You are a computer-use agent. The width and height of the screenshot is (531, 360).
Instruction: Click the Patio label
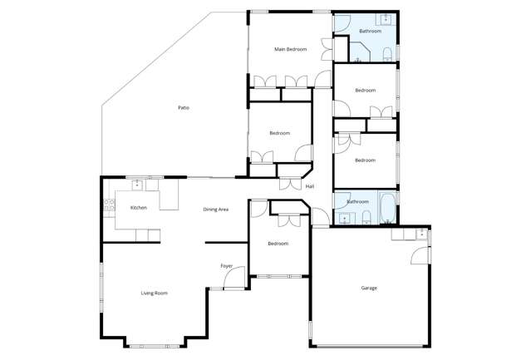(x=183, y=108)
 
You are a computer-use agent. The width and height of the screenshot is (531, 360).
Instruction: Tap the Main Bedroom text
(x=291, y=50)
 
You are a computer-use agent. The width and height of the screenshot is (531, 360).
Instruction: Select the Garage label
(x=369, y=288)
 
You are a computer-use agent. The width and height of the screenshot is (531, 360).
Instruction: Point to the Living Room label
(x=155, y=293)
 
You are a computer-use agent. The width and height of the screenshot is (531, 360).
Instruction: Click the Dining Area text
(x=216, y=210)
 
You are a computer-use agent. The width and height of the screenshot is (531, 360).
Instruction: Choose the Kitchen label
(x=139, y=207)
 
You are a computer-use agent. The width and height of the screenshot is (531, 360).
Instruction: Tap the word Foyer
(x=226, y=265)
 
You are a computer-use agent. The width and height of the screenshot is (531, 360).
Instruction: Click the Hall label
(x=310, y=186)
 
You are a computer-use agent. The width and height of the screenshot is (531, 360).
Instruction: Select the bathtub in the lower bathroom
(x=388, y=208)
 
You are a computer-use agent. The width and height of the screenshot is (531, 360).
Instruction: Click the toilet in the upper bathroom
(x=387, y=55)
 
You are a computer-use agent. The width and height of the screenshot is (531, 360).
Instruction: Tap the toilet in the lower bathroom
(x=366, y=219)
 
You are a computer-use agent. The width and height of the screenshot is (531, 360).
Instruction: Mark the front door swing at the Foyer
(x=237, y=277)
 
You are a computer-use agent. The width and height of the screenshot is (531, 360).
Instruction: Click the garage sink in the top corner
(x=422, y=234)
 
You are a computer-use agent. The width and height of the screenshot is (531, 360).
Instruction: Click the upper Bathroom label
(x=370, y=32)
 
